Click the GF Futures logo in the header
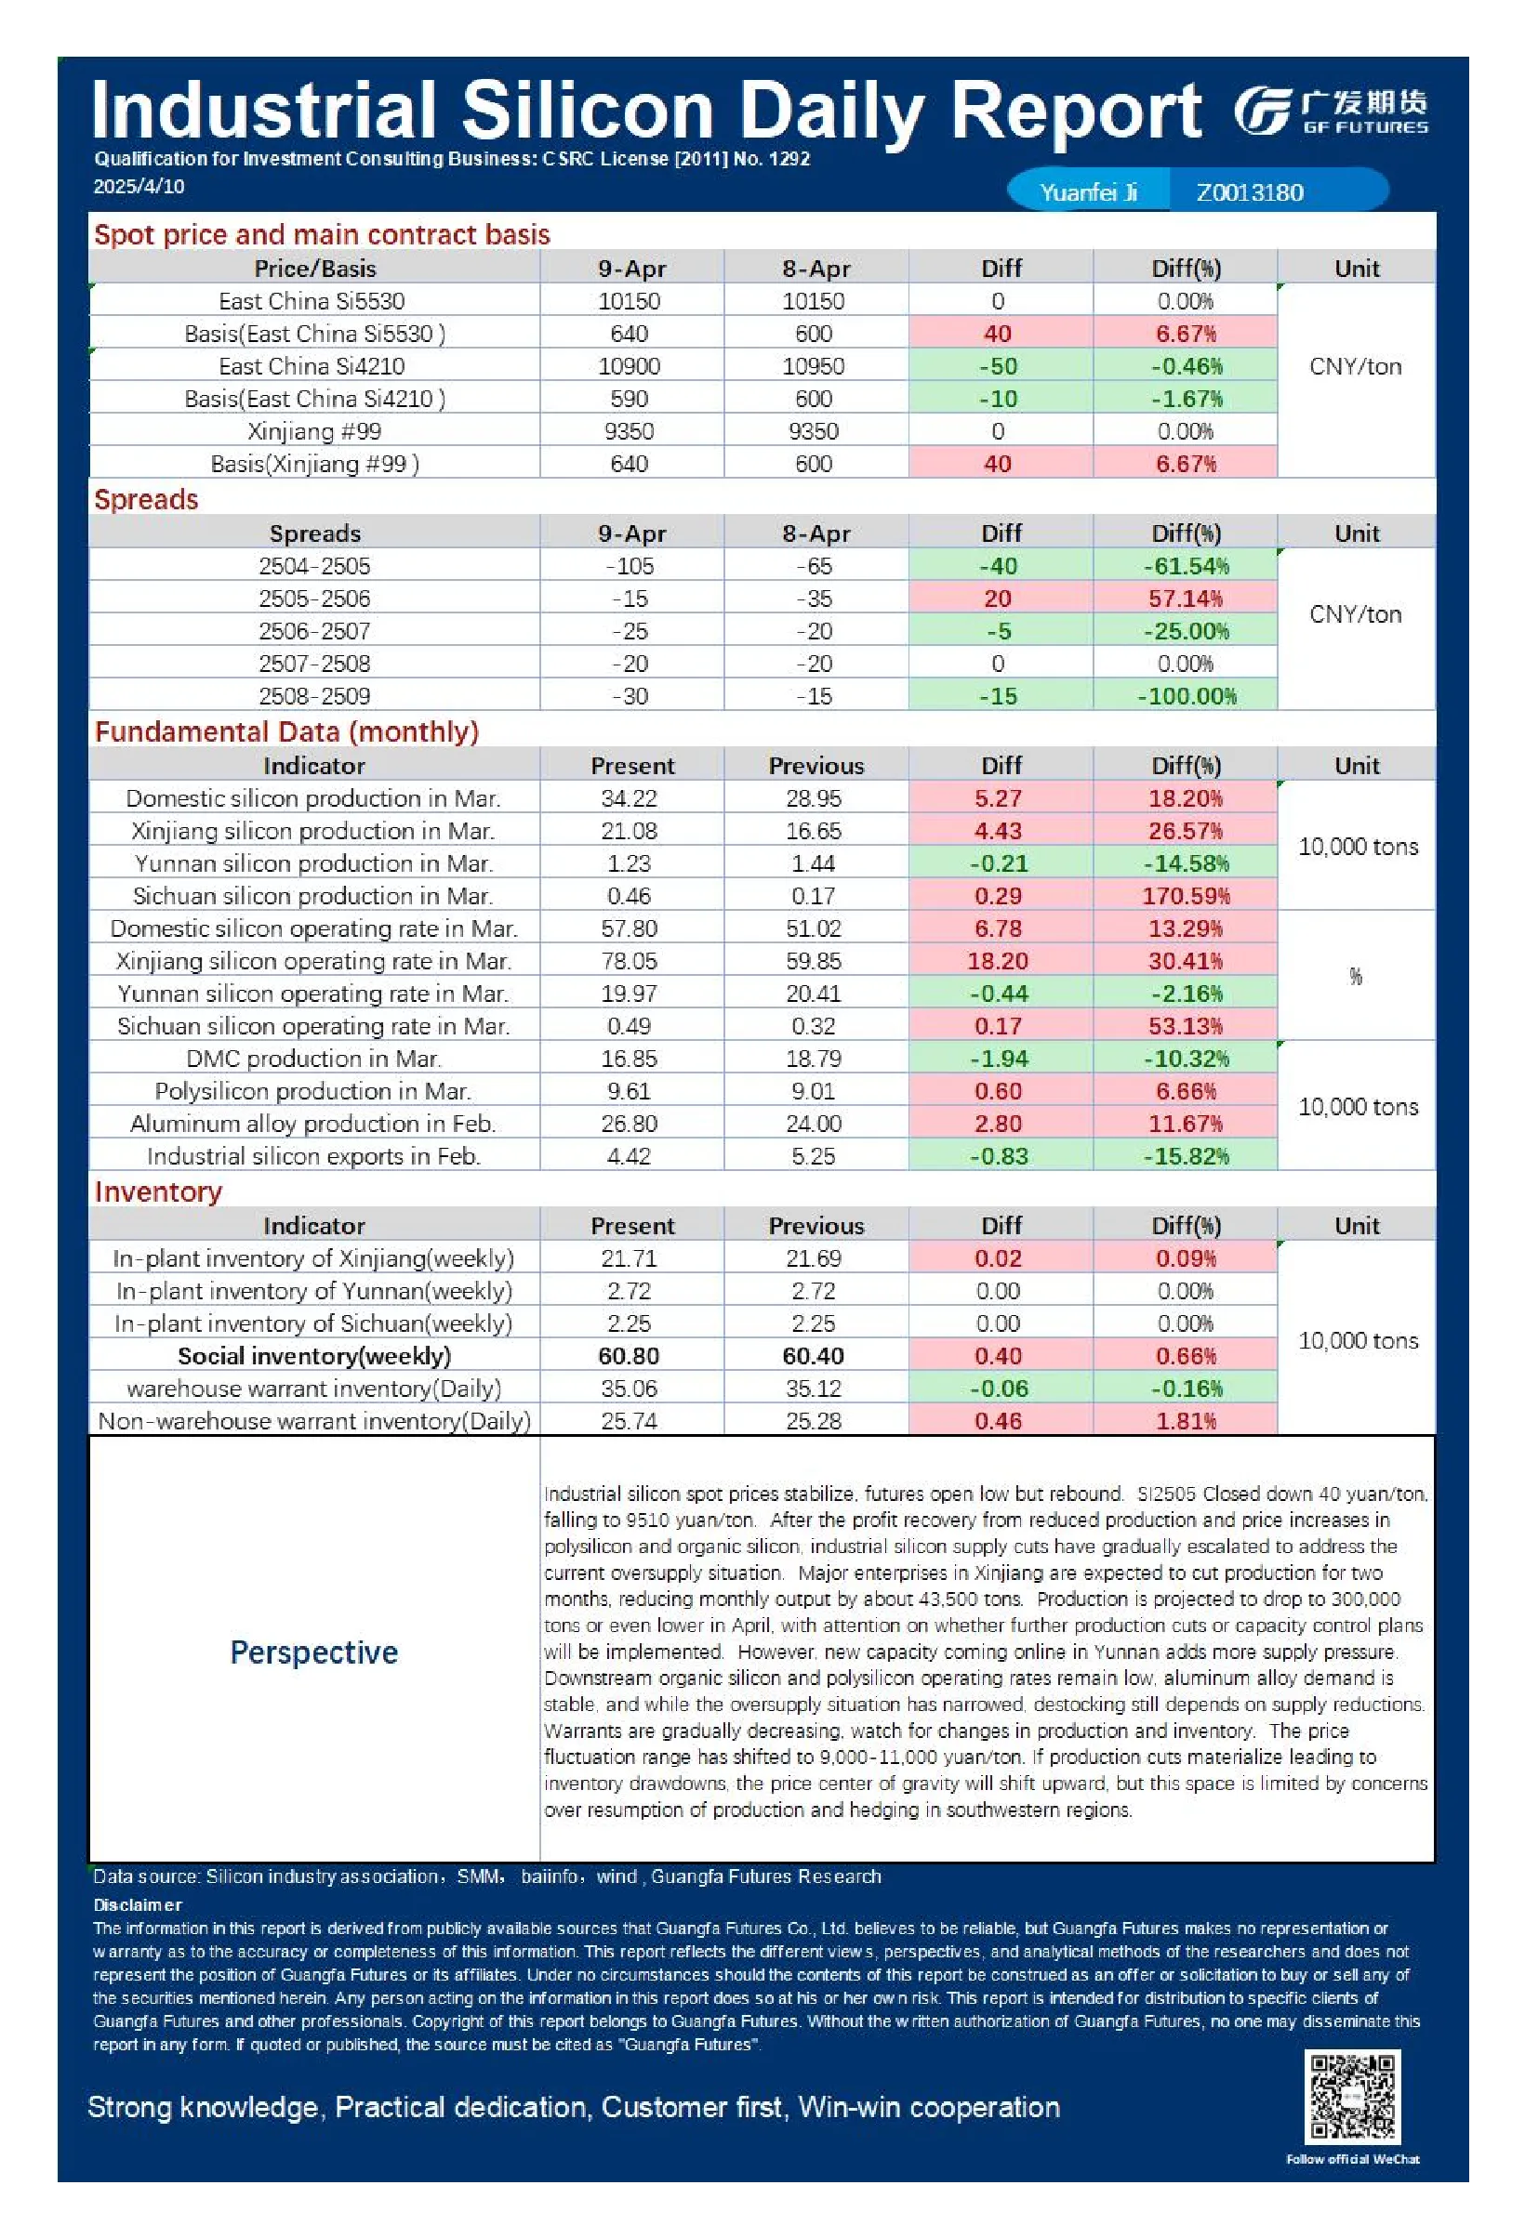(x=1332, y=112)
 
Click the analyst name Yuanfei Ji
(x=1089, y=192)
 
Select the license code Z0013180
(x=1250, y=192)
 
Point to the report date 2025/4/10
(x=139, y=187)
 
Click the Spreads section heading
(x=146, y=500)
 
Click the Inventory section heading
(x=158, y=1192)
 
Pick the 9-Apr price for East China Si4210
(x=630, y=366)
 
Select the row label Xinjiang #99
(x=314, y=431)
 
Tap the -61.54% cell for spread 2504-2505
(x=1186, y=566)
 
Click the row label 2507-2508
(x=314, y=664)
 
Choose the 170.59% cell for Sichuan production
(x=1186, y=896)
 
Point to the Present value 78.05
(x=630, y=961)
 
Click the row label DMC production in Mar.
(x=314, y=1059)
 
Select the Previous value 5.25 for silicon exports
(x=813, y=1155)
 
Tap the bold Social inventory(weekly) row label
(x=314, y=1356)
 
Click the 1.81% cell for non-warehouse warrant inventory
(x=1186, y=1420)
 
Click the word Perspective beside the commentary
(x=314, y=1652)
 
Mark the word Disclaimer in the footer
(x=138, y=1903)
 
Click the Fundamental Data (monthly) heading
(x=286, y=731)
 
